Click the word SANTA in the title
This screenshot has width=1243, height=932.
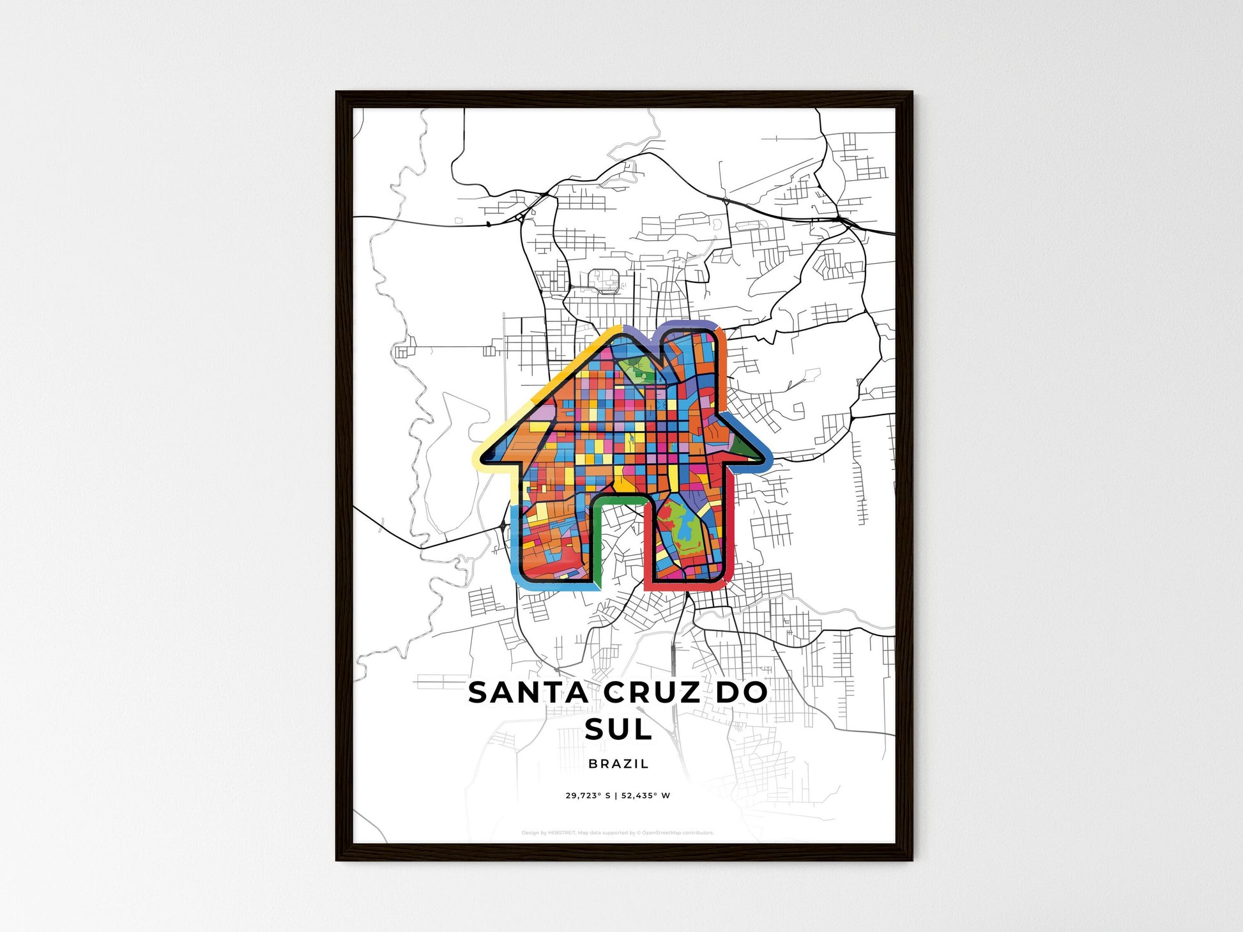click(528, 693)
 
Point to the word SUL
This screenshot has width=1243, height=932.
click(618, 729)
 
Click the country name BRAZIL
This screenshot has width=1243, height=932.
click(618, 763)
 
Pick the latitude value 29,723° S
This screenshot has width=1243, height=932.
click(588, 796)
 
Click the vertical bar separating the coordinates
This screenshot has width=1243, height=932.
click(616, 796)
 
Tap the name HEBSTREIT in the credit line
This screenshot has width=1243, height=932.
click(561, 833)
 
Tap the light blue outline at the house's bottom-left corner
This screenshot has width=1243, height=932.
click(519, 578)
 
